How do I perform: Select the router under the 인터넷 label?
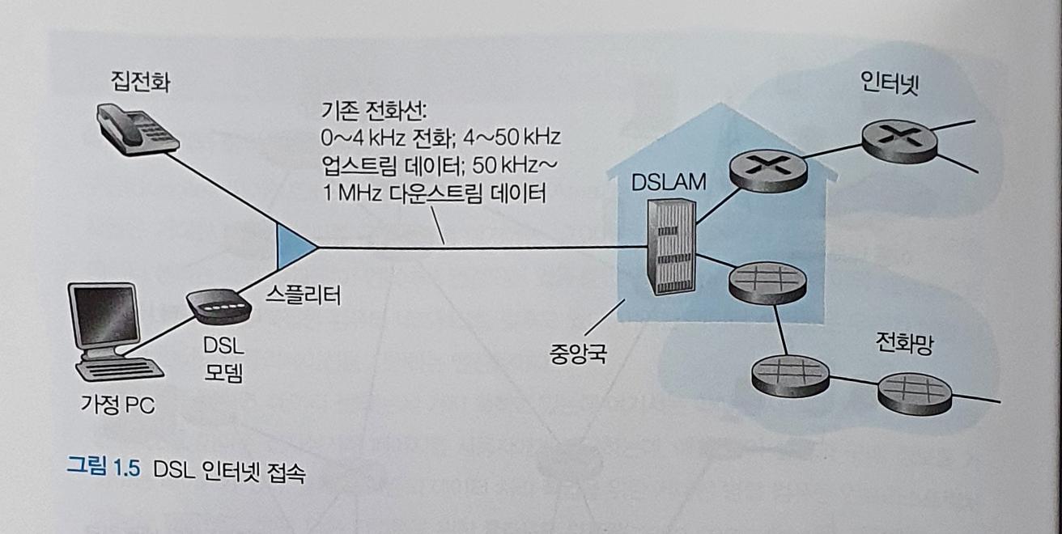[x=899, y=141]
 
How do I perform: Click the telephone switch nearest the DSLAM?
[x=766, y=281]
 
